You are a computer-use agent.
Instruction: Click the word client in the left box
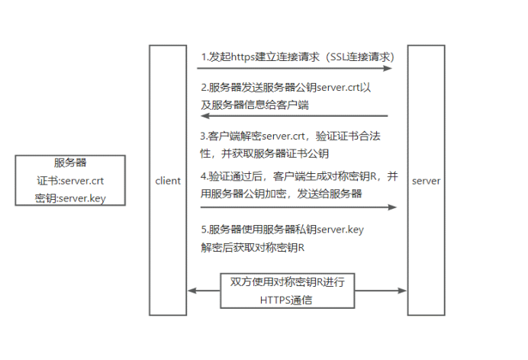coord(168,181)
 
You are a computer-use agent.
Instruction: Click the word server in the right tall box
coord(426,181)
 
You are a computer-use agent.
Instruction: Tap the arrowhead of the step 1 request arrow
coord(388,69)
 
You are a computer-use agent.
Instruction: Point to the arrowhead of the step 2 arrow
coord(205,116)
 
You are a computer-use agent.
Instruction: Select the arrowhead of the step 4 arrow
coord(392,207)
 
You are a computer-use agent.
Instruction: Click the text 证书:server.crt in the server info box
coord(70,181)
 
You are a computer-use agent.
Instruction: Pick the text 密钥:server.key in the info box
coord(70,198)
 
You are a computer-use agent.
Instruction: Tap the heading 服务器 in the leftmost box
coord(70,163)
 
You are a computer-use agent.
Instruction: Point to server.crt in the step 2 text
coord(339,88)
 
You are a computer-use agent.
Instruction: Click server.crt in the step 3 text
coord(283,137)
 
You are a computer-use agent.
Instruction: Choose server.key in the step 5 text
coord(340,230)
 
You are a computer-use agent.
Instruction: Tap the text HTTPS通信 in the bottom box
coord(286,300)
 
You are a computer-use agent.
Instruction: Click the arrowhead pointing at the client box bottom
coord(192,291)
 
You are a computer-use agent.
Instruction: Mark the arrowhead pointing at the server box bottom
coord(402,291)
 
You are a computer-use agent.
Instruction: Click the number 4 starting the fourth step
coord(203,176)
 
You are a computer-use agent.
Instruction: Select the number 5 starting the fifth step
coord(204,230)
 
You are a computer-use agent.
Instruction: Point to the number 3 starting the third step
coord(203,137)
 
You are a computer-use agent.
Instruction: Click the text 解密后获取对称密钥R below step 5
coord(253,248)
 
